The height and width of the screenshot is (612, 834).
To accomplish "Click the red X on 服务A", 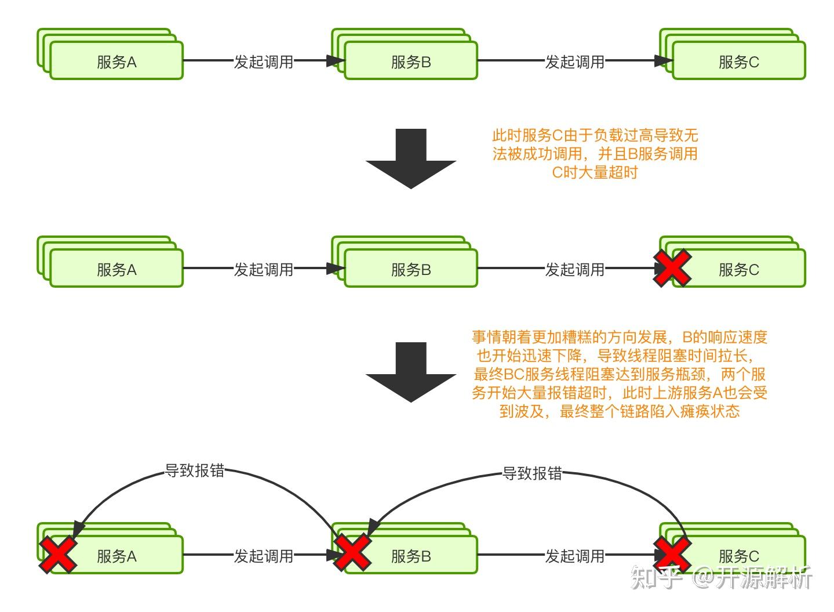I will pyautogui.click(x=57, y=554).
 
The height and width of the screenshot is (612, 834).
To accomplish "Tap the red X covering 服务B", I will pyautogui.click(x=352, y=552).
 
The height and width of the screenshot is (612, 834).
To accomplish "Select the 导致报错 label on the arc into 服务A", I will pyautogui.click(x=195, y=470).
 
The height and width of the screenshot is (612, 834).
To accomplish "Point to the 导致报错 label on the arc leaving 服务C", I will pyautogui.click(x=532, y=473).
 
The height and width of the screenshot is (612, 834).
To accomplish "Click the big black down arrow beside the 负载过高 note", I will pyautogui.click(x=410, y=158).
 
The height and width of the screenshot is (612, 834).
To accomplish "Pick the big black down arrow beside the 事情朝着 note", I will pyautogui.click(x=410, y=372).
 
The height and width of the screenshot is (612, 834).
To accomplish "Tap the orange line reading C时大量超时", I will pyautogui.click(x=595, y=172).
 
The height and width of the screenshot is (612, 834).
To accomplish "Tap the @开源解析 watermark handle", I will pyautogui.click(x=753, y=578).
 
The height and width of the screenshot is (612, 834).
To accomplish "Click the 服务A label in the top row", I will pyautogui.click(x=116, y=62).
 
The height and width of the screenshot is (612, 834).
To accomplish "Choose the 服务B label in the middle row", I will pyautogui.click(x=411, y=270).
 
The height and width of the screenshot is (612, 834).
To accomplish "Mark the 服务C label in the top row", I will pyautogui.click(x=738, y=62).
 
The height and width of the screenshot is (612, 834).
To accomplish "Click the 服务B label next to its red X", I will pyautogui.click(x=411, y=556).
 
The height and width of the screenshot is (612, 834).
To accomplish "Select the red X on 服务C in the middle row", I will pyautogui.click(x=672, y=268).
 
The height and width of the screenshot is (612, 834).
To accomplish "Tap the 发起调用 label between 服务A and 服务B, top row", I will pyautogui.click(x=264, y=62).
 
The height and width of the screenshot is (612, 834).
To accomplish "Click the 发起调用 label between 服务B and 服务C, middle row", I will pyautogui.click(x=574, y=270).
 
